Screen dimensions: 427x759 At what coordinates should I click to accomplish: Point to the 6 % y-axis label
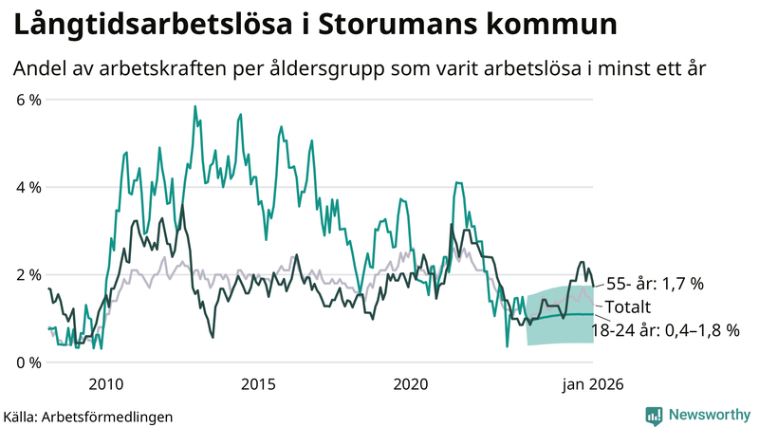(28, 100)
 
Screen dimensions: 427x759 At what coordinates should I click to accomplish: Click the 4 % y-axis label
(28, 187)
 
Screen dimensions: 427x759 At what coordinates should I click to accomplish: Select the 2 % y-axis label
(28, 275)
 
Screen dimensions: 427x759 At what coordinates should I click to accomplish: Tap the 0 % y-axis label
(28, 362)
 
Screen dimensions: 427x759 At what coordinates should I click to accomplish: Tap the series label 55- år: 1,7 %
(656, 283)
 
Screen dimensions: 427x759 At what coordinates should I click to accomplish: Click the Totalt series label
(629, 306)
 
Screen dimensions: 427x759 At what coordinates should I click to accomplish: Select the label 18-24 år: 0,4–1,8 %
(665, 330)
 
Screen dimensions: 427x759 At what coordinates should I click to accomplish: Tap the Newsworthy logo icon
(654, 415)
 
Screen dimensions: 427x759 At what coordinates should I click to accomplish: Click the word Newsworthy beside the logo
(709, 415)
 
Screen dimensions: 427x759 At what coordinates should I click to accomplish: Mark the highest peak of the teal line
(194, 106)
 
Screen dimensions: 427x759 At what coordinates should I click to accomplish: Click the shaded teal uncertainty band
(560, 327)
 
